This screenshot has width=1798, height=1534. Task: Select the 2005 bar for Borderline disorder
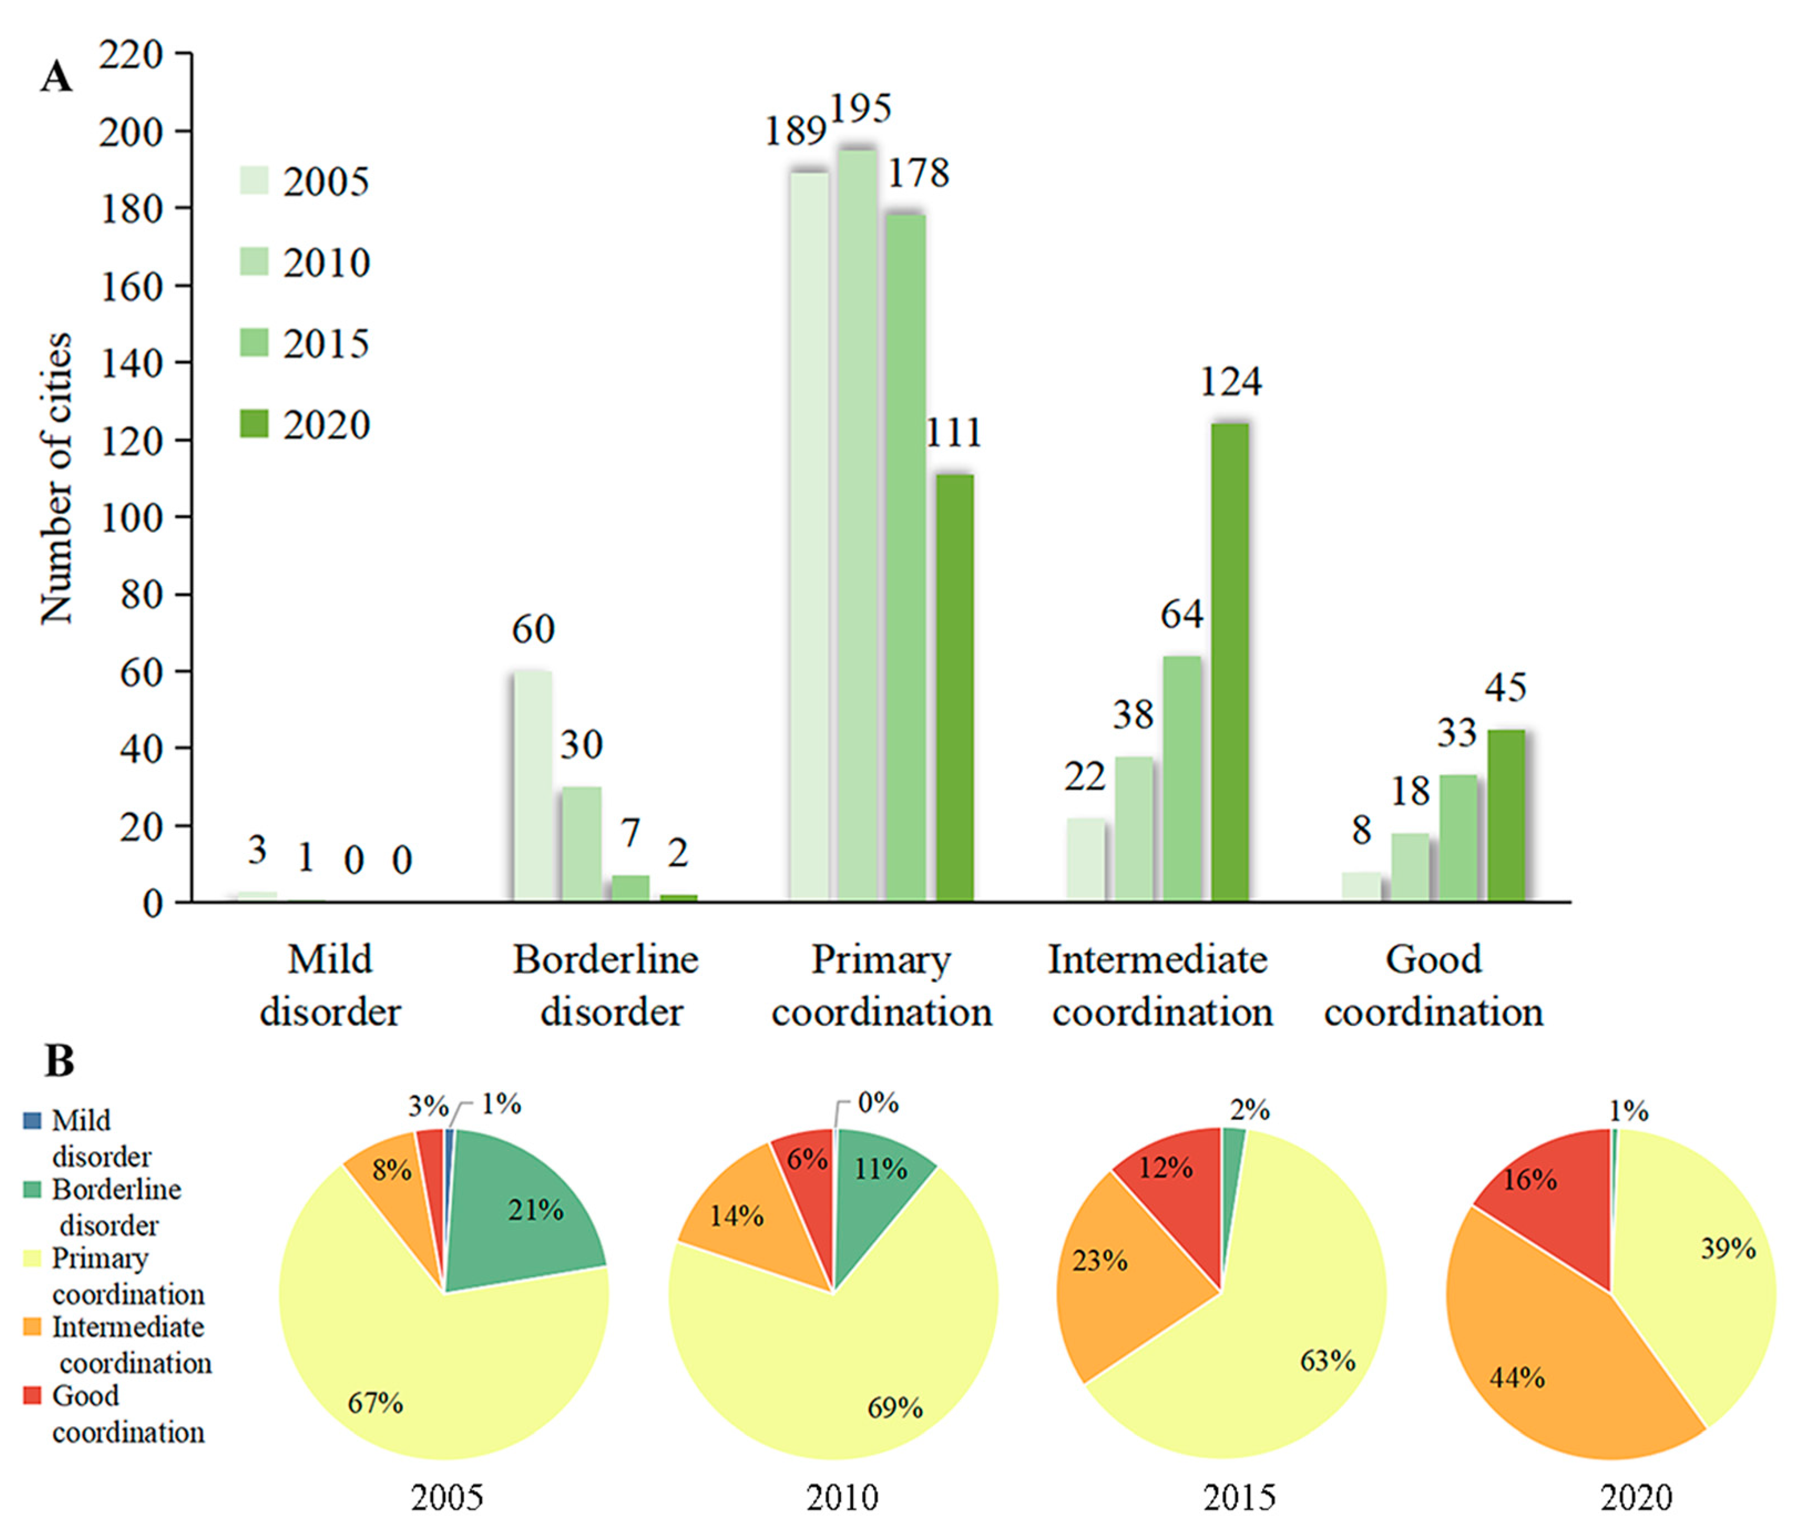pyautogui.click(x=533, y=786)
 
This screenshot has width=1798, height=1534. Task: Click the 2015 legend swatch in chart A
pyautogui.click(x=254, y=343)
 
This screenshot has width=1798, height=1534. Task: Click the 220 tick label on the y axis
pyautogui.click(x=131, y=55)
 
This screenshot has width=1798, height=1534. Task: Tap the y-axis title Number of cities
pyautogui.click(x=57, y=478)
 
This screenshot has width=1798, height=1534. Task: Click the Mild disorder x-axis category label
pyautogui.click(x=330, y=985)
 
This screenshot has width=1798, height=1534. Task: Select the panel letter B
pyautogui.click(x=59, y=1061)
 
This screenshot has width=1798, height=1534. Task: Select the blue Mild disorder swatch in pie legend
pyautogui.click(x=32, y=1121)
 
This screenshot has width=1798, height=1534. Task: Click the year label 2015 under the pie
pyautogui.click(x=1238, y=1497)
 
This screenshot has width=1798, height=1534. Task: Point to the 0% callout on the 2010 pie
pyautogui.click(x=877, y=1103)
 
